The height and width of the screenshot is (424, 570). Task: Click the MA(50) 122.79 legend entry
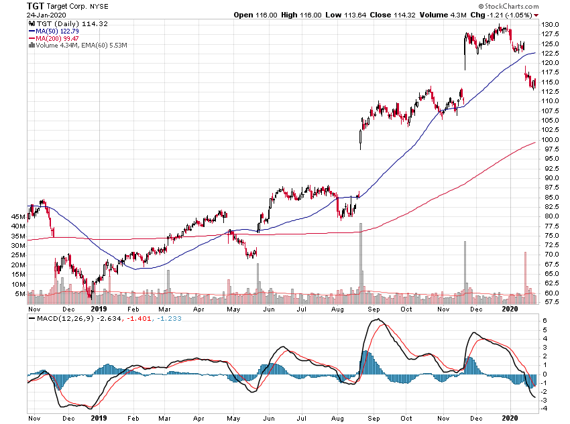coord(56,31)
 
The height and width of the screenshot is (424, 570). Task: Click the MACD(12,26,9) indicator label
coord(64,318)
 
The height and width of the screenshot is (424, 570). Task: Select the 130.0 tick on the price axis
coord(551,25)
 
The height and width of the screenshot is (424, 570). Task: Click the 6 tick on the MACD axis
coord(545,321)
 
